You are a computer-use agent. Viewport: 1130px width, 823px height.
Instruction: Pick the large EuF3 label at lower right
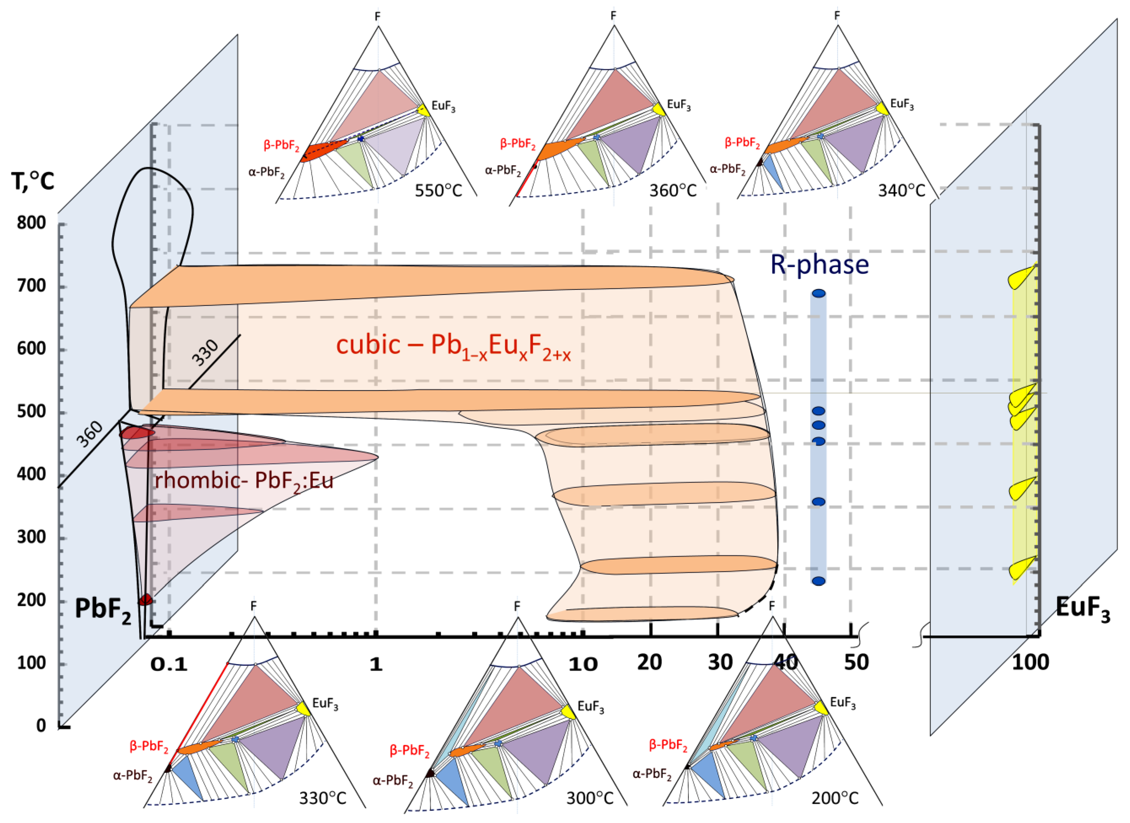(1083, 609)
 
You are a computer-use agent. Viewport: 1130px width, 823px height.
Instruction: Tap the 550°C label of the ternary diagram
(439, 190)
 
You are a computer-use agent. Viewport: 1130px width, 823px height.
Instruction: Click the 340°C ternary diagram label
(901, 190)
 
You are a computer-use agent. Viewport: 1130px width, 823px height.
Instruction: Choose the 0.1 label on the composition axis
(169, 664)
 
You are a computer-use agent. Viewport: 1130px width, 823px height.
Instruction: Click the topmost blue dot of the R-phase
(819, 294)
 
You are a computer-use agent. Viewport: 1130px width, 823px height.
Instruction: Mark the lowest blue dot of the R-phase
(819, 581)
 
